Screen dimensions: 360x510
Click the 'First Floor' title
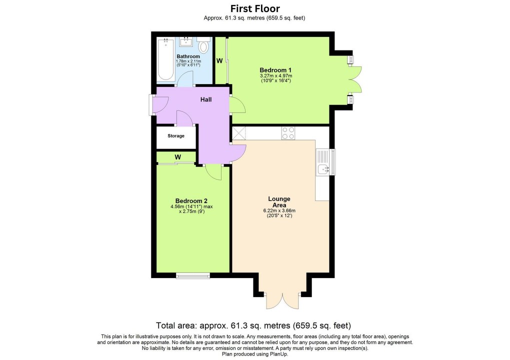pyautogui.click(x=254, y=8)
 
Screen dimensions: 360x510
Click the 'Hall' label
pyautogui.click(x=206, y=99)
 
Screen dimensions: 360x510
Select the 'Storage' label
pyautogui.click(x=176, y=136)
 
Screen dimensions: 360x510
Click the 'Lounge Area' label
pyautogui.click(x=279, y=202)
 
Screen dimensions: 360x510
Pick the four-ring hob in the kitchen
pyautogui.click(x=288, y=133)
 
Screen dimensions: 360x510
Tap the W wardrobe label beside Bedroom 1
pyautogui.click(x=219, y=61)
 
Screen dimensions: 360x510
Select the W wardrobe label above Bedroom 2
pyautogui.click(x=177, y=157)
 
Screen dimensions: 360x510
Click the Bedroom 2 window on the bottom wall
pyautogui.click(x=193, y=274)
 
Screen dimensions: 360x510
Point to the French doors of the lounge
pyautogui.click(x=283, y=299)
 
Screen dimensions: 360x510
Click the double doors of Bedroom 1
pyautogui.click(x=355, y=79)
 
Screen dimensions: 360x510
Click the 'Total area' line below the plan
pyautogui.click(x=254, y=324)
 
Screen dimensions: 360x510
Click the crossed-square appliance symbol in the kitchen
pyautogui.click(x=239, y=133)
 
